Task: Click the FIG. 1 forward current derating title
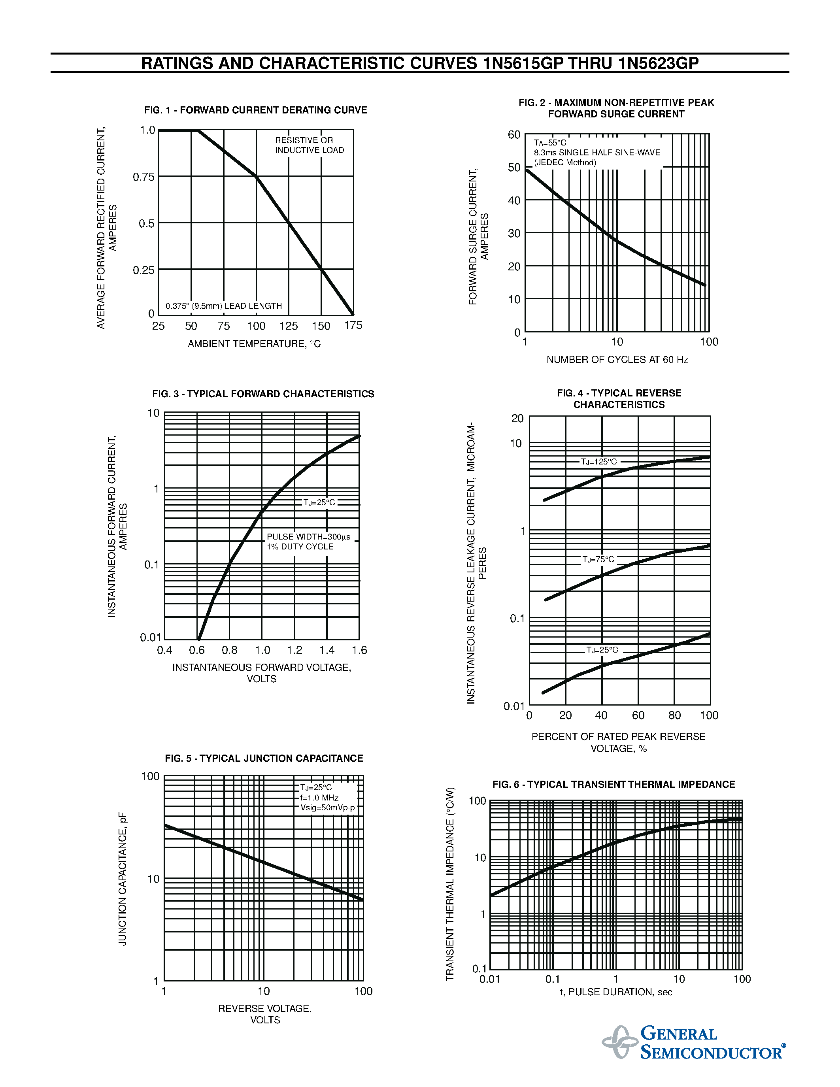(255, 110)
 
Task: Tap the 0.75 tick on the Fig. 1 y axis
(144, 177)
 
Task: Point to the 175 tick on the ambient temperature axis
(353, 325)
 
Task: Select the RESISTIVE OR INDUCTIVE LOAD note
(309, 145)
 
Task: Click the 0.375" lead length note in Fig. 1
(223, 306)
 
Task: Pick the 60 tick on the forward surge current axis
(514, 135)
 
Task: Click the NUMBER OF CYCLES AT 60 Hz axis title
(617, 359)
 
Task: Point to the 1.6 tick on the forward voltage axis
(359, 650)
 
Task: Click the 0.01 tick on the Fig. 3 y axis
(151, 638)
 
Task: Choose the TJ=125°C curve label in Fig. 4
(598, 462)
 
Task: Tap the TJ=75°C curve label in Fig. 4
(598, 559)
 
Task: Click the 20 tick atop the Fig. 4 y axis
(517, 419)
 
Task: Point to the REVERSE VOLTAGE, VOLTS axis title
(265, 1014)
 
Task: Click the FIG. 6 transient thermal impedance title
(613, 784)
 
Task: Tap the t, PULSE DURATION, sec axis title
(616, 992)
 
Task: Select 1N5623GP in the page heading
(659, 63)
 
